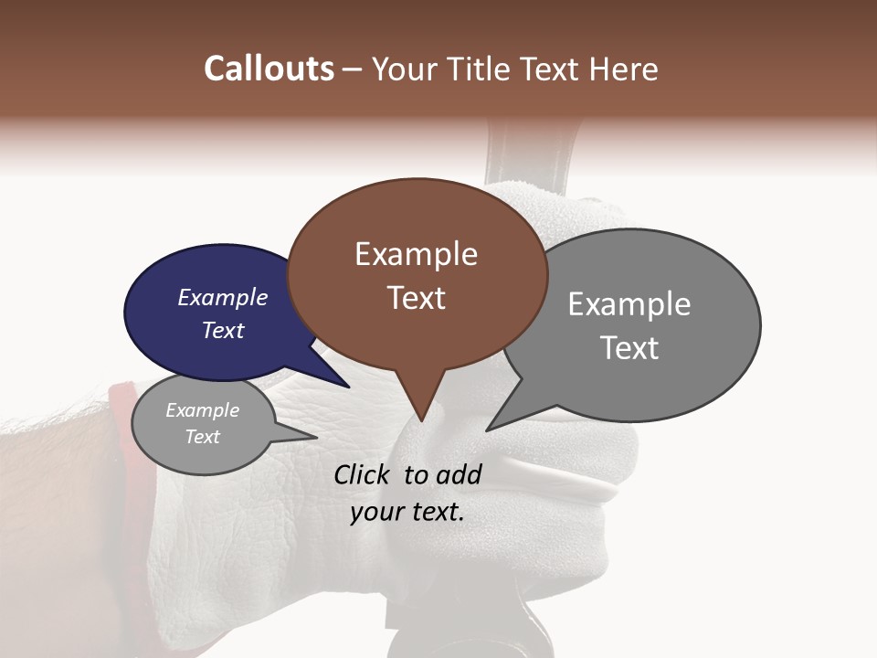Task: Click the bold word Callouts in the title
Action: point(269,69)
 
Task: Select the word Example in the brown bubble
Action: point(416,254)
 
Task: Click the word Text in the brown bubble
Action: point(416,297)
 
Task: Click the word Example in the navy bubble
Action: point(222,297)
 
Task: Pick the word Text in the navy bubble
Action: point(222,330)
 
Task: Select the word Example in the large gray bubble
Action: point(629,304)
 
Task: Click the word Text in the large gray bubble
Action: point(629,347)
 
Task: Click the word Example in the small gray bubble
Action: point(202,410)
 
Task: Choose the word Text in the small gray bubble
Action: point(202,436)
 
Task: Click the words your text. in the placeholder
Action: point(407,512)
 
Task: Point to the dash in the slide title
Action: point(353,69)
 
